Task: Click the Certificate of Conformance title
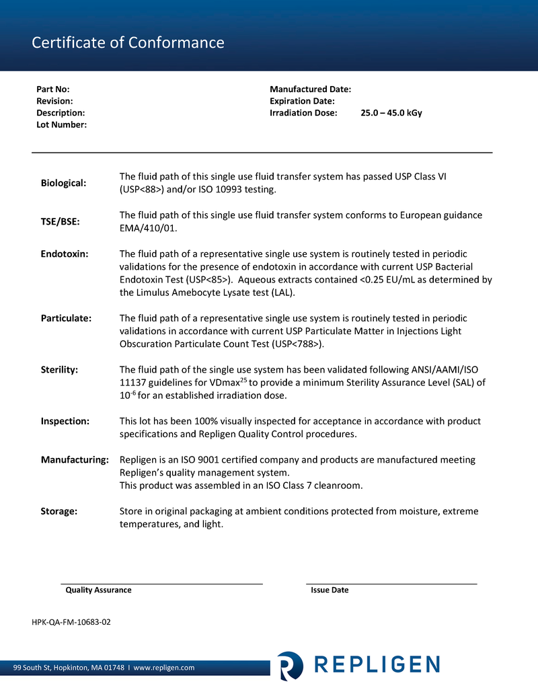[x=128, y=43]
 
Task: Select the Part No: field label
[x=53, y=89]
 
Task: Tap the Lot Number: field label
[x=61, y=125]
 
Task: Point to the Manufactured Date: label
[x=310, y=89]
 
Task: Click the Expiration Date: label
[x=302, y=101]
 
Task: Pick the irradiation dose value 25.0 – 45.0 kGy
[x=391, y=113]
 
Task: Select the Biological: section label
[x=63, y=183]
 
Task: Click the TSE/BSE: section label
[x=61, y=222]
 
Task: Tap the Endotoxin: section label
[x=65, y=254]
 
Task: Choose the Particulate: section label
[x=66, y=318]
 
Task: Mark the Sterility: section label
[x=59, y=370]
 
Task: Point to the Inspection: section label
[x=65, y=421]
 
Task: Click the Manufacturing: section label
[x=75, y=460]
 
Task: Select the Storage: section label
[x=59, y=511]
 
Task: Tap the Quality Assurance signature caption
[x=98, y=590]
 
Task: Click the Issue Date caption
[x=330, y=590]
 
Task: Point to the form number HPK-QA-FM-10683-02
[x=71, y=622]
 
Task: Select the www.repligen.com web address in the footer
[x=164, y=668]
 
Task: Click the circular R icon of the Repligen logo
[x=290, y=665]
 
